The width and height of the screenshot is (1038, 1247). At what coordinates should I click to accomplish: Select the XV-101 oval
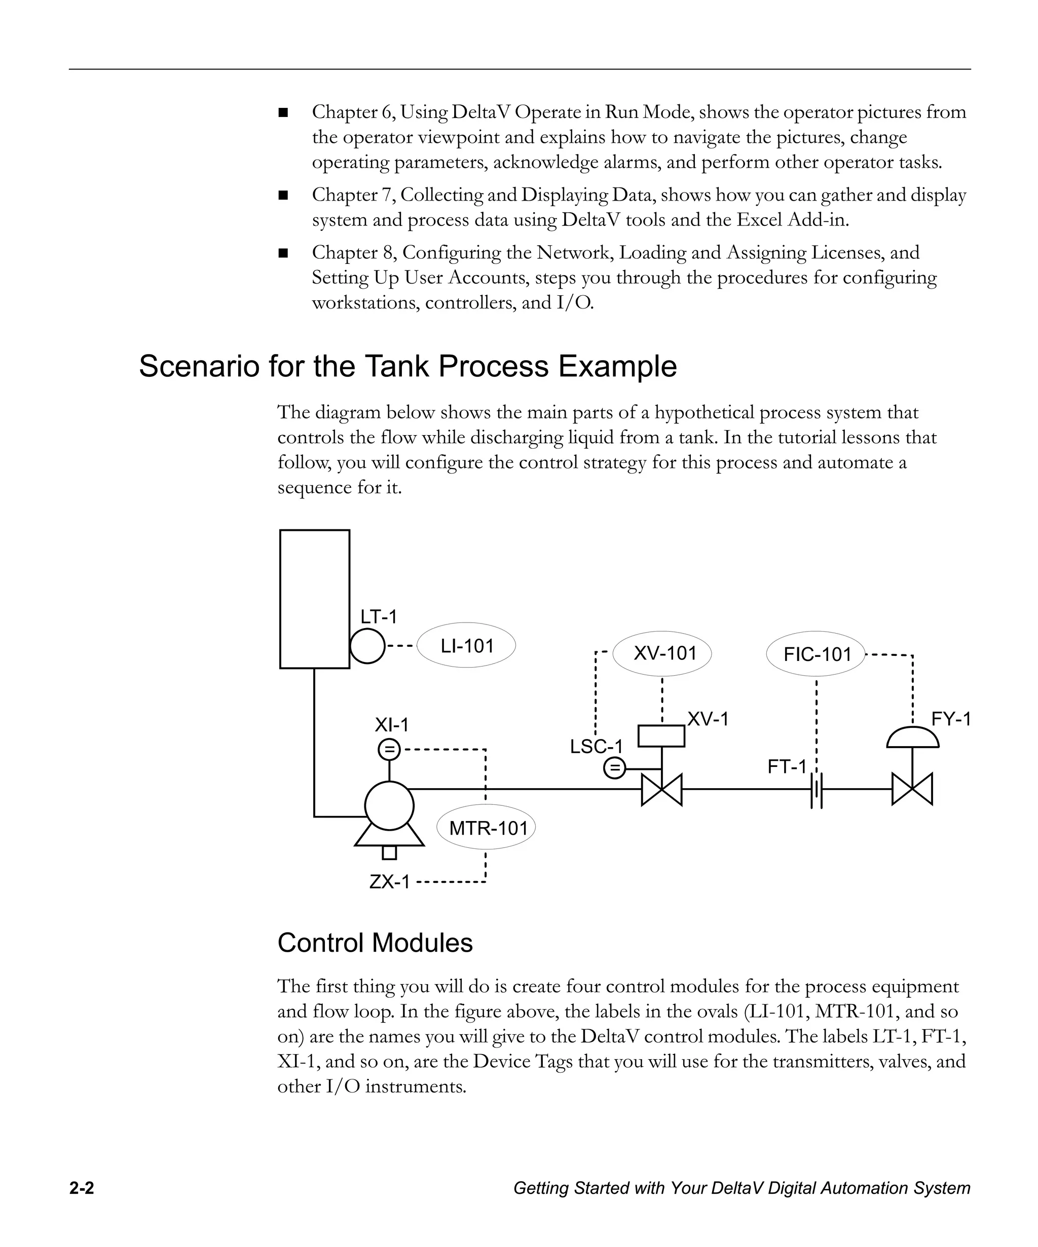662,653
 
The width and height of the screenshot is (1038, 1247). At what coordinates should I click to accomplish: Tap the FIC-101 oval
816,654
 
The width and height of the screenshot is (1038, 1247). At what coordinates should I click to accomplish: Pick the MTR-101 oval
487,827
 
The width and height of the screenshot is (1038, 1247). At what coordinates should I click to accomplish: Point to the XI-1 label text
392,724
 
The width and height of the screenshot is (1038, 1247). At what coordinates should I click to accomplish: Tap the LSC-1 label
596,747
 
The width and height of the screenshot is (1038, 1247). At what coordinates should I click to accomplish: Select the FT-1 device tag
787,767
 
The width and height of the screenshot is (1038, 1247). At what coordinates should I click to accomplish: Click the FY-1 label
951,719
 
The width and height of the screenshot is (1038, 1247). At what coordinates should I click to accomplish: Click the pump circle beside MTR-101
389,805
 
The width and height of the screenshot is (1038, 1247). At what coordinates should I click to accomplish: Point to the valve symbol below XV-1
662,790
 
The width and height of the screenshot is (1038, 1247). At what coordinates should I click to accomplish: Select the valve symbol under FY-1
912,790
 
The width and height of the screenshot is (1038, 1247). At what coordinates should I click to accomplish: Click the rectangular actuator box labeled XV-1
661,736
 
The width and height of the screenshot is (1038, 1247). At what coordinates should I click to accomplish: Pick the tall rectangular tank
314,599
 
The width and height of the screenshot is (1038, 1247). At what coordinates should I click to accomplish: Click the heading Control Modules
375,943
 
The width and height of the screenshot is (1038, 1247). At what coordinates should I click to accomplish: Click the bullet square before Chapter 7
283,195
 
